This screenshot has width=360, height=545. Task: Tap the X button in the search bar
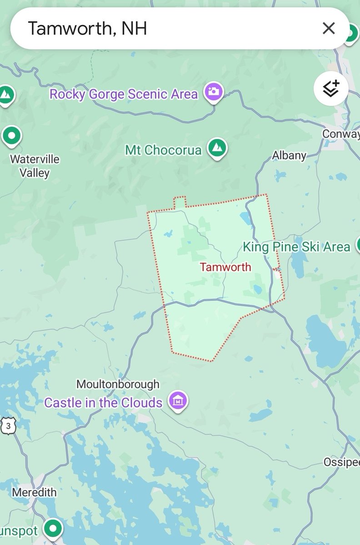[328, 29]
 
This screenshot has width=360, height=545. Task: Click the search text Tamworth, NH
[87, 29]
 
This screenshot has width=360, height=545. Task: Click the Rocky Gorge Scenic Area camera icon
[213, 92]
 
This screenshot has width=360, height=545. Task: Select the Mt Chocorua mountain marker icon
[217, 148]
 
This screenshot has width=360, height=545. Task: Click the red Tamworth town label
[225, 267]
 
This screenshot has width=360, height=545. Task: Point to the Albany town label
[289, 155]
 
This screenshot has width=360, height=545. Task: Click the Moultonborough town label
[118, 384]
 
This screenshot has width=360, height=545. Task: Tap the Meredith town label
[35, 492]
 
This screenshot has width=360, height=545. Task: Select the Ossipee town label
[341, 462]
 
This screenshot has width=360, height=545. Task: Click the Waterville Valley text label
[35, 166]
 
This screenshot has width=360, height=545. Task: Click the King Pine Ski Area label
[296, 247]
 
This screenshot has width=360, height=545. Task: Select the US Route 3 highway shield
[9, 426]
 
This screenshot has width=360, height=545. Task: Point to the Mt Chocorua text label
[163, 150]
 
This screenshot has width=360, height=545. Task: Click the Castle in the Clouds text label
[103, 402]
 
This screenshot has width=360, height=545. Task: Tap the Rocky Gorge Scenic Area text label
[124, 94]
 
